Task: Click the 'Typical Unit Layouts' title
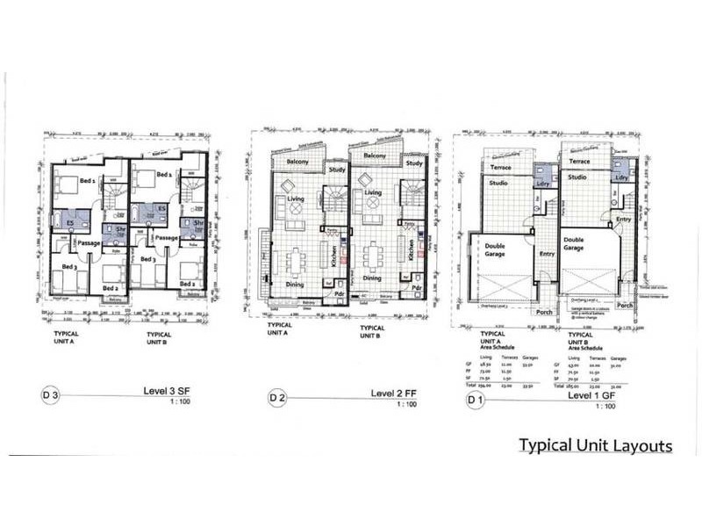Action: [595, 445]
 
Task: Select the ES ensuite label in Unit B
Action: [161, 208]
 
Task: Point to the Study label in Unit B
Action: [415, 162]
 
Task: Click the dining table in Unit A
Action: [293, 260]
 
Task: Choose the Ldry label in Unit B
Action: [622, 177]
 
